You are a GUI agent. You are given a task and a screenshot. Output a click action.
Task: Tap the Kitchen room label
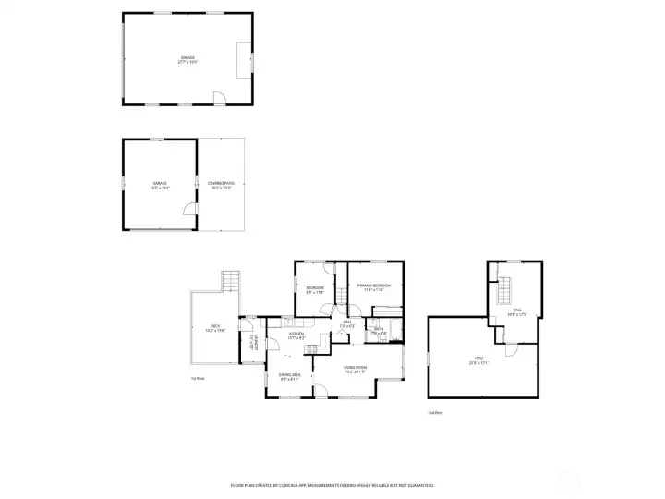tap(296, 336)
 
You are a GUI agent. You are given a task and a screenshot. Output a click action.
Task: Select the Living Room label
tap(356, 369)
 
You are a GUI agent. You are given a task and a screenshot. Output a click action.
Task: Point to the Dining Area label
tap(289, 377)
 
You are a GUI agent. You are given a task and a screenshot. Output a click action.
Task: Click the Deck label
tap(214, 327)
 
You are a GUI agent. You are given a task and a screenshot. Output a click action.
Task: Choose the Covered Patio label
tap(221, 185)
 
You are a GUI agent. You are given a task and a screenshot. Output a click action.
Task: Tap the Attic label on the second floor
tap(478, 361)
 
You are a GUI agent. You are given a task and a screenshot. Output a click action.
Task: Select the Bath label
tap(379, 330)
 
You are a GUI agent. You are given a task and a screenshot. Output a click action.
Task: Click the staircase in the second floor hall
tap(504, 294)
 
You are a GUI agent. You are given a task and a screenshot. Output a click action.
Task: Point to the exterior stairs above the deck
tap(230, 281)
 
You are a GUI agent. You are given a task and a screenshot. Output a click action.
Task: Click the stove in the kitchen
tap(312, 348)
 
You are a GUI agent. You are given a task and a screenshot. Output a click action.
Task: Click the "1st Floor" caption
tap(197, 379)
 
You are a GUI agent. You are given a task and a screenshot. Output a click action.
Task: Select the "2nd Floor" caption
tap(435, 412)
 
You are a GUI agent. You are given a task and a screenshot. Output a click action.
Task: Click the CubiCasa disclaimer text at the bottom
tap(332, 484)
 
